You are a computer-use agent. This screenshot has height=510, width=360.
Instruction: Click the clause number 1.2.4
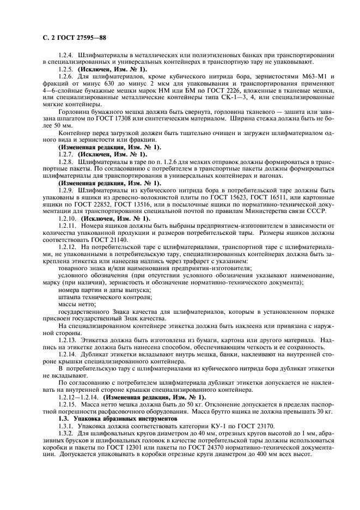click(x=68, y=56)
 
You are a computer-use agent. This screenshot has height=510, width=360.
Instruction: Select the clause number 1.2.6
click(x=68, y=77)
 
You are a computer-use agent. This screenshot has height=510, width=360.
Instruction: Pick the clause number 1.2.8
click(x=68, y=162)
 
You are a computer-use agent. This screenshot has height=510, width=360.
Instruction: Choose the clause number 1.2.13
click(x=69, y=339)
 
